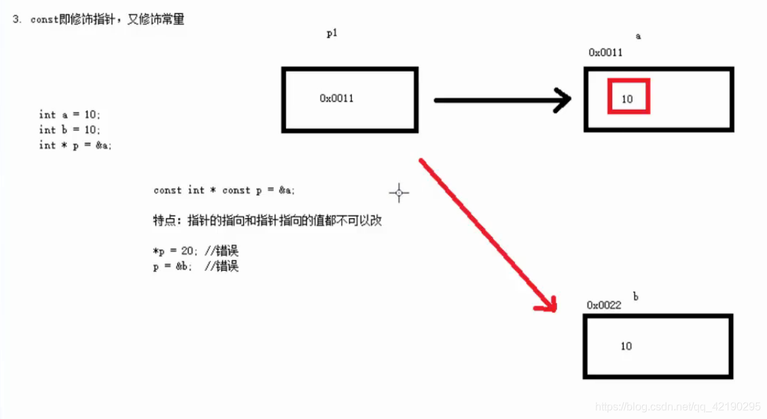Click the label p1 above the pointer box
point(332,34)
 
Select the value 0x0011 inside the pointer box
point(336,98)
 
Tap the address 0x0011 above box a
point(605,52)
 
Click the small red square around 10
point(628,96)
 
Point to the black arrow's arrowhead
point(562,101)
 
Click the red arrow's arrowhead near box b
point(548,304)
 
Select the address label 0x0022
point(604,305)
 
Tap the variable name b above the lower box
point(635,296)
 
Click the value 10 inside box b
point(626,346)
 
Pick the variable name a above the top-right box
point(638,36)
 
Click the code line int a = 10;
point(69,115)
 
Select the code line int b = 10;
point(69,130)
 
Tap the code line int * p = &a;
point(75,145)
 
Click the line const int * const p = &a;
point(224,191)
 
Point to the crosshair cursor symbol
point(399,194)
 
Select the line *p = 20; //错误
point(196,252)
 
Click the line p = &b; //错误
point(196,267)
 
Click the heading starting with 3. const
point(99,20)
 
